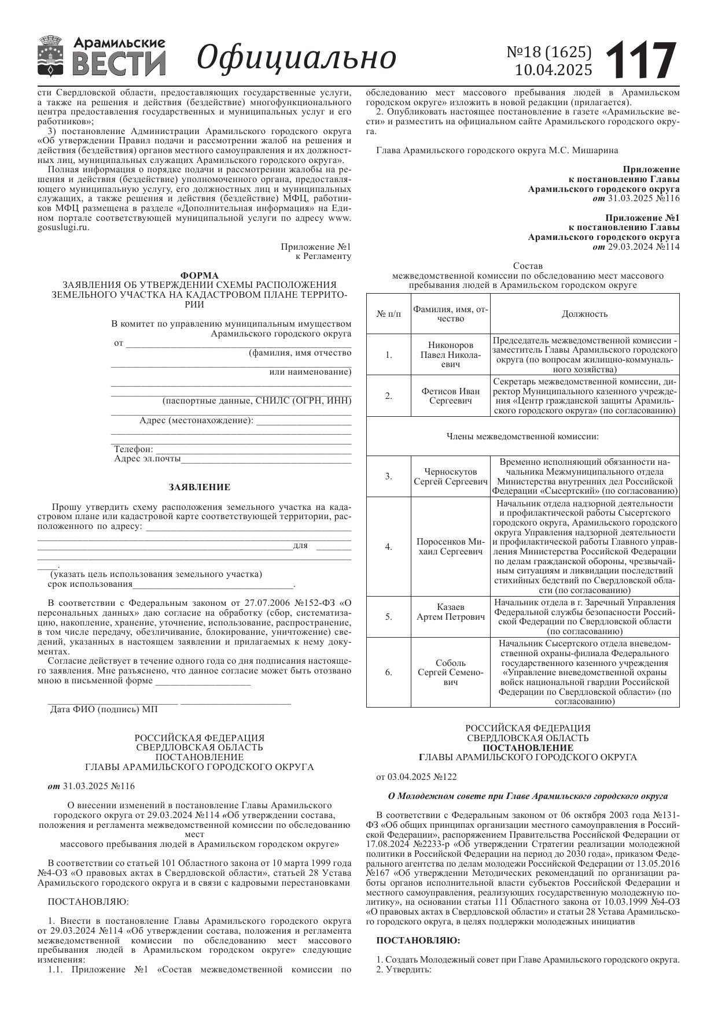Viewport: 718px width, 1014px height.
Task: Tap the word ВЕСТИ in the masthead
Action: tap(119, 64)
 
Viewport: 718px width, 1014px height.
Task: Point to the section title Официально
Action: tap(296, 58)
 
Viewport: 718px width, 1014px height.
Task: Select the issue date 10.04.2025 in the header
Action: tap(554, 70)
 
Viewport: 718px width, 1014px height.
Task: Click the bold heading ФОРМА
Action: tap(200, 275)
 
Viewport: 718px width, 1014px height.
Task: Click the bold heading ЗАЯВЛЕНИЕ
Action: tap(200, 487)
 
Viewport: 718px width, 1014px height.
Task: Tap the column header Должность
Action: tap(584, 314)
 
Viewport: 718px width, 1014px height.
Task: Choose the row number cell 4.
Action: tap(389, 547)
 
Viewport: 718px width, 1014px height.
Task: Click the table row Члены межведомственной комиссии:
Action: tap(522, 436)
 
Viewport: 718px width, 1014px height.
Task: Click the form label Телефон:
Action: tap(134, 449)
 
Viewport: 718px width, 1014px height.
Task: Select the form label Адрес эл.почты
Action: tap(148, 459)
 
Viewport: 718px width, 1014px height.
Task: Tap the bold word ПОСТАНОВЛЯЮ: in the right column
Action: tap(418, 941)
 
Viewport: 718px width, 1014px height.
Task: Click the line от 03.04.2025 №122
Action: tap(416, 777)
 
